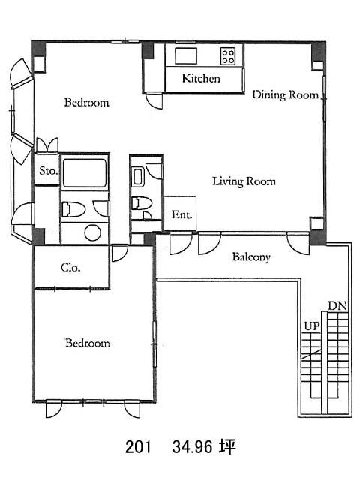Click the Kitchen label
(201, 78)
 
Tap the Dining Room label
(285, 94)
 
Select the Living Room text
(244, 181)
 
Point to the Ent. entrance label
(181, 214)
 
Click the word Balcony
(251, 256)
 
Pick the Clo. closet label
(70, 268)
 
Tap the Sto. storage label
(48, 170)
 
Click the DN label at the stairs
(337, 305)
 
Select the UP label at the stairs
(312, 326)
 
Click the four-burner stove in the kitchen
(228, 56)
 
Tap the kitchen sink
(186, 56)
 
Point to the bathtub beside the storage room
(85, 173)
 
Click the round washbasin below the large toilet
(92, 232)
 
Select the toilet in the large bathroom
(73, 209)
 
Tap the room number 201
(138, 447)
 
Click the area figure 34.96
(192, 447)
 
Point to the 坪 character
(226, 446)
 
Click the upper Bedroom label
(87, 102)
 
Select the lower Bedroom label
(88, 343)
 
